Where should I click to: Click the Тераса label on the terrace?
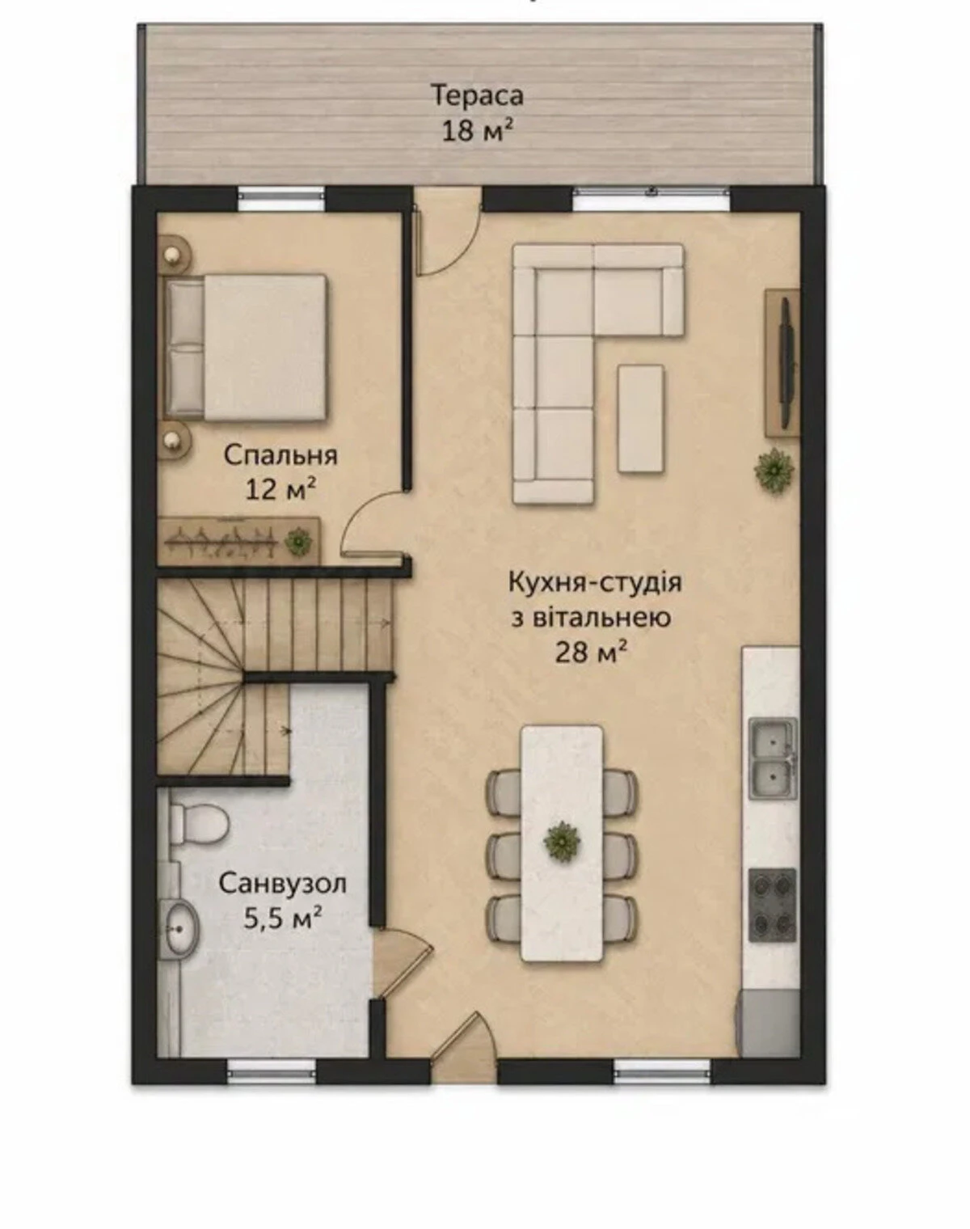(477, 95)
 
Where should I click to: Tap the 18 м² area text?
(475, 131)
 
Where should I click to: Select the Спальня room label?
(280, 456)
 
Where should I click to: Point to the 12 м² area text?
(280, 489)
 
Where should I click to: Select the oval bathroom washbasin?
(180, 927)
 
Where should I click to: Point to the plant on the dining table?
(563, 841)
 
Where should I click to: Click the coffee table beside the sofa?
(641, 418)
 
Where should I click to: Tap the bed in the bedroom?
(246, 348)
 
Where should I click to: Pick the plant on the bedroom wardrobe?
(297, 539)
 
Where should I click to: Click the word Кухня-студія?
(595, 584)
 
